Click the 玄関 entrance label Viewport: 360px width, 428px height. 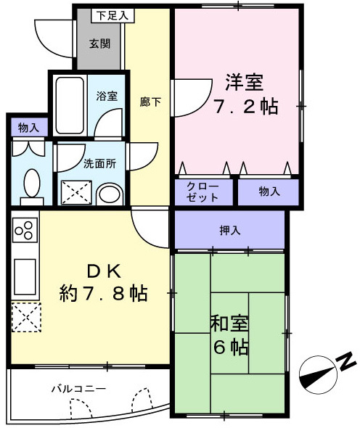pos(100,44)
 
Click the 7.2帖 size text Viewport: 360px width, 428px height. pos(245,107)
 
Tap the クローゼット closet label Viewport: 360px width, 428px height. pos(203,192)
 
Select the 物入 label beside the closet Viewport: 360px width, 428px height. pos(269,192)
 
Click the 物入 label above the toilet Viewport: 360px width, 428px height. pos(28,128)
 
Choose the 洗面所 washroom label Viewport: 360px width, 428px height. pos(99,163)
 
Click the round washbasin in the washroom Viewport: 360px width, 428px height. pos(110,194)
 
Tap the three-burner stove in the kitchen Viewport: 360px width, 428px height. pos(23,231)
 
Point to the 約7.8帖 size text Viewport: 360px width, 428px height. pos(104,294)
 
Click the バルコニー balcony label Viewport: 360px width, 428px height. pos(78,389)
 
